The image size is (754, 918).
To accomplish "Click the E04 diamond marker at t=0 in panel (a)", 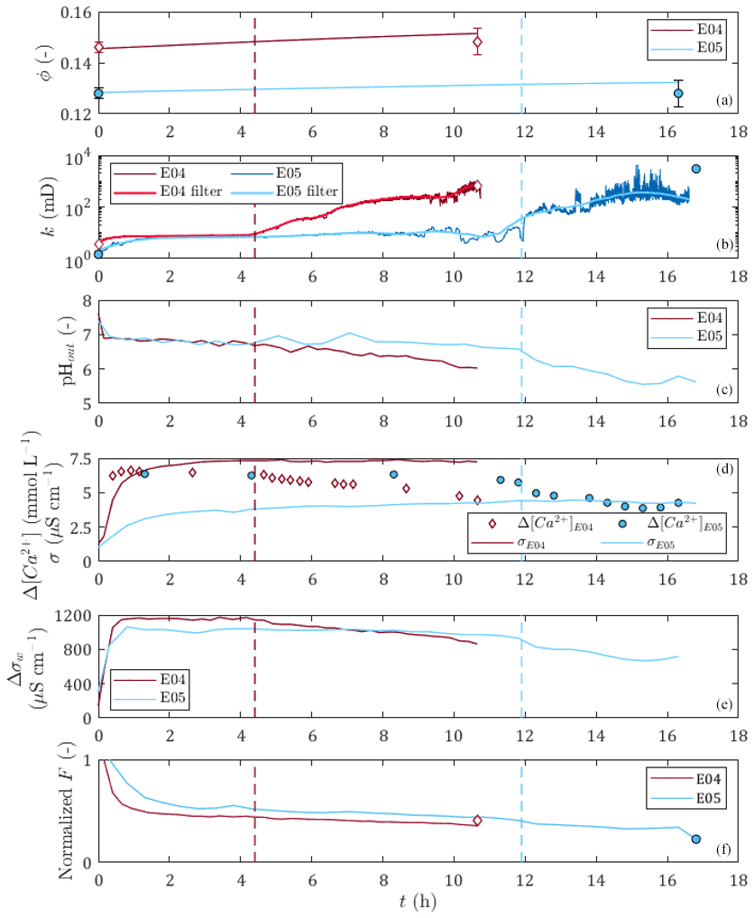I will coord(99,48).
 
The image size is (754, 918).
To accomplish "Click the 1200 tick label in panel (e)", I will coord(71,616).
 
